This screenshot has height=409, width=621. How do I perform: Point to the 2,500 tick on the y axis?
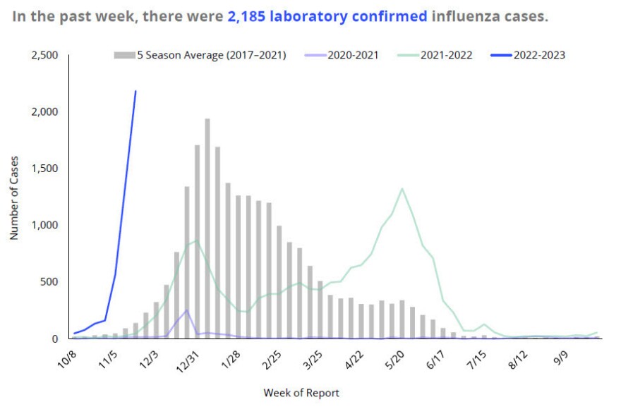pyautogui.click(x=45, y=55)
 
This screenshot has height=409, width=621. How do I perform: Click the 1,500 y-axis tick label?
pyautogui.click(x=45, y=169)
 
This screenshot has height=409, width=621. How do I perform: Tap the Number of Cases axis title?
pyautogui.click(x=14, y=198)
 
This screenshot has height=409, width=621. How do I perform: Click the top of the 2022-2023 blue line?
pyautogui.click(x=135, y=92)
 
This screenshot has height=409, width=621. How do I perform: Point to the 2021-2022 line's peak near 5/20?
pyautogui.click(x=402, y=188)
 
